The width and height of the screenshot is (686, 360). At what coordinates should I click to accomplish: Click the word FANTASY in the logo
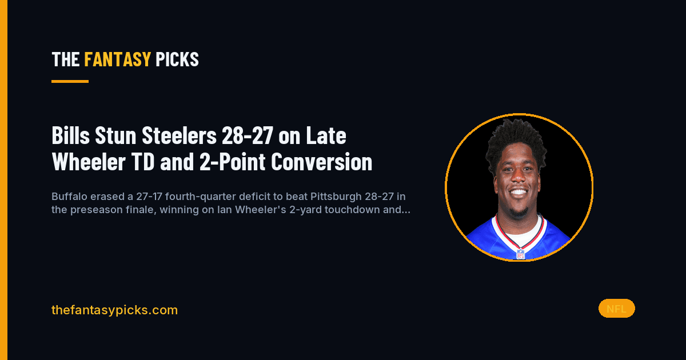point(118,59)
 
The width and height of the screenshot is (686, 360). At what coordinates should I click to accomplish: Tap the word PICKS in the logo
point(177,59)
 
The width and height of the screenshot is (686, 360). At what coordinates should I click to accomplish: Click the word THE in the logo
point(66,59)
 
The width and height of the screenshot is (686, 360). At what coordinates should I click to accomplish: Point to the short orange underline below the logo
point(70,81)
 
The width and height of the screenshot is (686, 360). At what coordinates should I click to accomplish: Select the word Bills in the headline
point(71,135)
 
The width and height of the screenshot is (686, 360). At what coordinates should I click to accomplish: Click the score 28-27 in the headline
point(248,135)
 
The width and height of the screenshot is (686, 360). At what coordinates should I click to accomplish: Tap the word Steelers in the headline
point(179,135)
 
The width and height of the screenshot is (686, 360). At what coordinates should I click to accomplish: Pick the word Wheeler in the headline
point(89,161)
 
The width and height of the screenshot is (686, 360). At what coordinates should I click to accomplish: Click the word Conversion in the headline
point(321,161)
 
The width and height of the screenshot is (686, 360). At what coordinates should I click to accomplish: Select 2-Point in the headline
point(233,161)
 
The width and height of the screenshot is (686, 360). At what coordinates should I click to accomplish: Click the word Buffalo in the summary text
point(70,196)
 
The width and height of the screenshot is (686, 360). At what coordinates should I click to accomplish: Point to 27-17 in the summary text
point(149,196)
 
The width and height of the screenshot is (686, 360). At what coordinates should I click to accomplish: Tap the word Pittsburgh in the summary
point(336,197)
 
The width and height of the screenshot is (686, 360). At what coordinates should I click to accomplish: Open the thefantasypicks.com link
point(114,310)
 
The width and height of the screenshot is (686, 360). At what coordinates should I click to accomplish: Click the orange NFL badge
point(616,309)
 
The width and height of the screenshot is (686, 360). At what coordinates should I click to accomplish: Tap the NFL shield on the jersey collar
point(521,254)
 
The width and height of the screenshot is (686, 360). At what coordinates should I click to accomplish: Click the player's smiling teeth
point(519,192)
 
